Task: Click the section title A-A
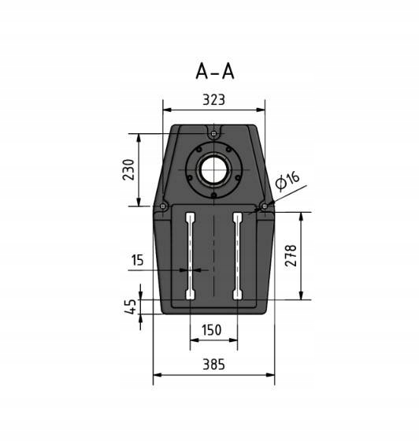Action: tap(214, 71)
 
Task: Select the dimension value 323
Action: tap(213, 100)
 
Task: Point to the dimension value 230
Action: tap(129, 169)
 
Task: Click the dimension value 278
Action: tap(291, 255)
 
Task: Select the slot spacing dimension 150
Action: tap(212, 331)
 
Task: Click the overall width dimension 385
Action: tap(213, 364)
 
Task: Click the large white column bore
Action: tap(213, 169)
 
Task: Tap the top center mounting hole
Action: tap(213, 134)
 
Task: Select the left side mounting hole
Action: tap(161, 206)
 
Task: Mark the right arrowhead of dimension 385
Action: tap(272, 374)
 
